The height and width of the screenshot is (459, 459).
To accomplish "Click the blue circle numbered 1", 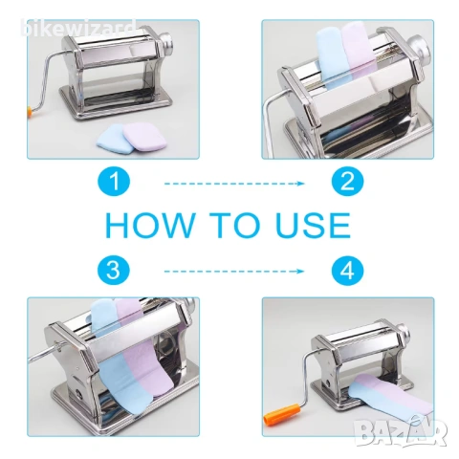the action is tap(114, 181).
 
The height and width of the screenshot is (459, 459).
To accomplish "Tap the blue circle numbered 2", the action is tap(347, 181).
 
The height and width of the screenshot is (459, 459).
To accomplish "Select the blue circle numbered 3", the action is tap(114, 270).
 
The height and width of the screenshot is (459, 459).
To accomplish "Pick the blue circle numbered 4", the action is tap(347, 270).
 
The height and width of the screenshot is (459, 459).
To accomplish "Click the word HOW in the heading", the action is tap(150, 225).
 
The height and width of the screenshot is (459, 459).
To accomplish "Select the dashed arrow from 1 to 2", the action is tap(234, 184).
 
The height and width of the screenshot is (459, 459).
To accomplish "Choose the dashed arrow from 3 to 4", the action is tap(234, 272).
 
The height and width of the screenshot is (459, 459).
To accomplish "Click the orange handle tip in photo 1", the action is tap(30, 112).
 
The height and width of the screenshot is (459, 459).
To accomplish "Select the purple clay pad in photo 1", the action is tap(144, 136).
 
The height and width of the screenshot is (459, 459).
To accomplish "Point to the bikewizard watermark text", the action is tap(78, 28).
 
